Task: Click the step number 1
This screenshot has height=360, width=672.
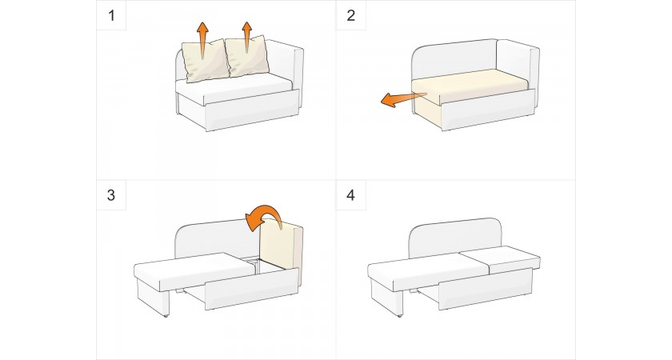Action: [112, 16]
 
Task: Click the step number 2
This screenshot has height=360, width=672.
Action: [351, 16]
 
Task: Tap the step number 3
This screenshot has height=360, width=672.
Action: [111, 195]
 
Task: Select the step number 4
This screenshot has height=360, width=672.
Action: [351, 195]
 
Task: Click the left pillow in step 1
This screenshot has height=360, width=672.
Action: [205, 61]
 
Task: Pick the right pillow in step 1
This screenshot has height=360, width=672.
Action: [248, 57]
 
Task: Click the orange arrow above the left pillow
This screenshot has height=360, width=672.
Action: [202, 40]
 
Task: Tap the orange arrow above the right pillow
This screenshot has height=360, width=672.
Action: [247, 37]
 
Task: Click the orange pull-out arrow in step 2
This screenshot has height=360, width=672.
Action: [403, 99]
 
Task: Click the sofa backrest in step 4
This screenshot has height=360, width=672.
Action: [455, 236]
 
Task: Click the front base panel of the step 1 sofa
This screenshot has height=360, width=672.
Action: [251, 111]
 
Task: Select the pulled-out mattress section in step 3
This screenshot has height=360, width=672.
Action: [195, 270]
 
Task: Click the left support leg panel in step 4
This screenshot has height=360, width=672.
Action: [386, 297]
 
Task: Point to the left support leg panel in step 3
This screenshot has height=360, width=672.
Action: [153, 297]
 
